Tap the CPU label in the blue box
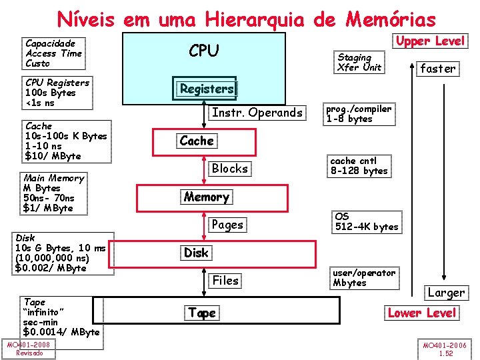[x=204, y=51]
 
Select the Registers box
[x=207, y=89]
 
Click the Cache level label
[x=197, y=141]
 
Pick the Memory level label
[x=207, y=197]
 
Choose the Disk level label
[x=196, y=253]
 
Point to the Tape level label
[x=202, y=313]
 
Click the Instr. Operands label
[x=257, y=113]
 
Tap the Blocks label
[x=230, y=169]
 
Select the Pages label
[x=227, y=225]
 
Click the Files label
[x=225, y=281]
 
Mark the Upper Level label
[x=431, y=41]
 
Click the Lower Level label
[x=422, y=313]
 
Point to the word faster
[x=438, y=68]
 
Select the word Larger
[x=446, y=293]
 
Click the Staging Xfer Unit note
[x=359, y=62]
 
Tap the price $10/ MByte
[x=53, y=156]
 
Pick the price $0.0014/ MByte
[x=61, y=332]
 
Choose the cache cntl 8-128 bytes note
[x=359, y=165]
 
